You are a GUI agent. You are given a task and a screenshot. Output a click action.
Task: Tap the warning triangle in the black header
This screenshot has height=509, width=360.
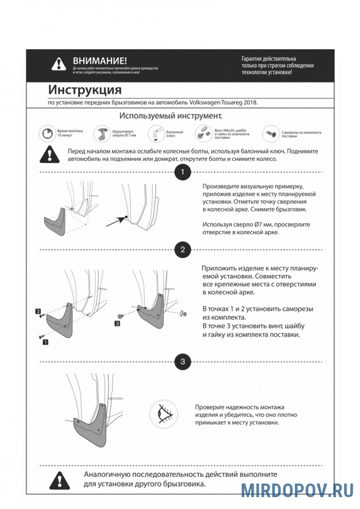click(x=59, y=64)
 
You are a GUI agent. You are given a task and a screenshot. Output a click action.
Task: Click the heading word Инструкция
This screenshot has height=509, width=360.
click(x=85, y=90)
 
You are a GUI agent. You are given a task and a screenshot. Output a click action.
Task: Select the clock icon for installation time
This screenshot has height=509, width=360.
click(x=48, y=134)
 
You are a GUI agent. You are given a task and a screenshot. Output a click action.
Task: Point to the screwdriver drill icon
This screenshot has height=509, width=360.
click(x=102, y=134)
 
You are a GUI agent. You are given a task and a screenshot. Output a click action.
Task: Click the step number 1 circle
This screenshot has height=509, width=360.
click(x=182, y=172)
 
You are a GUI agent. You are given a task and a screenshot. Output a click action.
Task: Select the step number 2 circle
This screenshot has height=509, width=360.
click(x=182, y=250)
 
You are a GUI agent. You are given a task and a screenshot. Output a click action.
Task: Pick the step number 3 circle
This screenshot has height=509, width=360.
click(x=182, y=361)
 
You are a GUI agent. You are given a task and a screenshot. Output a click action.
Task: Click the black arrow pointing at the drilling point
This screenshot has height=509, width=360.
click(x=117, y=221)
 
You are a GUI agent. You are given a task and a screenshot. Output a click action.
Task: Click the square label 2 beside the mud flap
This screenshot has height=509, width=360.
click(x=37, y=312)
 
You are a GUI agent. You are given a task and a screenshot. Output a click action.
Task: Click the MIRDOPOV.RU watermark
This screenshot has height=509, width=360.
click(x=297, y=490)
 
